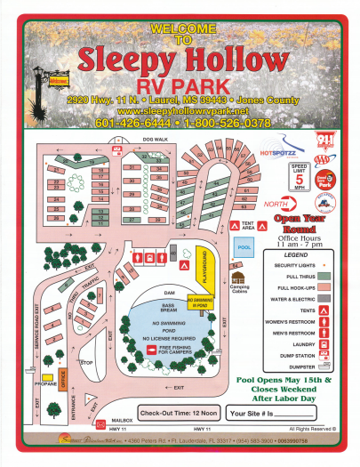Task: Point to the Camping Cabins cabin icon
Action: point(237,278)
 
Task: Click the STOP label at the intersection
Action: point(86,363)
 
